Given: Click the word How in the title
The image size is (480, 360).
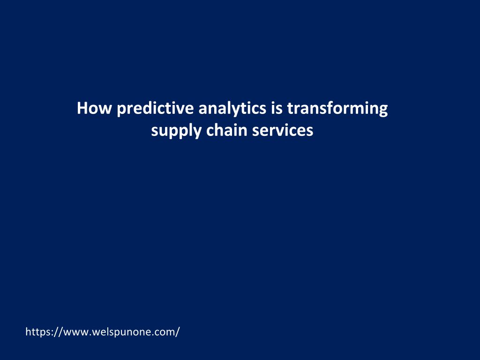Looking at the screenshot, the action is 94,108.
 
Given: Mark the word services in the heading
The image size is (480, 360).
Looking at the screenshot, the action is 283,130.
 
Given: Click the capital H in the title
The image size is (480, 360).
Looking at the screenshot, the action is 82,108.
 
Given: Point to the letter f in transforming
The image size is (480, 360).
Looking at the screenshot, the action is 334,108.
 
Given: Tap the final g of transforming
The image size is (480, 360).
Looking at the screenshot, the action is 383,111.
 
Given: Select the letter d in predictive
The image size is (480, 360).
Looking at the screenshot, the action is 149,108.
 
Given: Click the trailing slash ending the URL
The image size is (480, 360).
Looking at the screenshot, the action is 177,332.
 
